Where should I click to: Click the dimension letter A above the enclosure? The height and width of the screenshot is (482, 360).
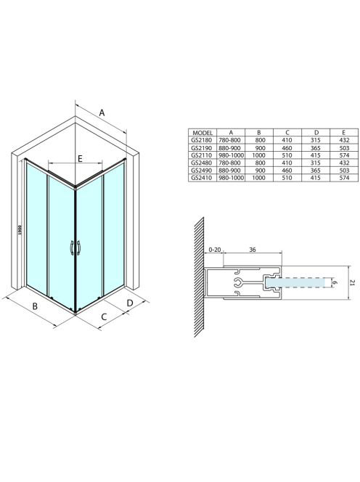pos(102,113)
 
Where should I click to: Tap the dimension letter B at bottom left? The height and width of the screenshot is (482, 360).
pos(35,306)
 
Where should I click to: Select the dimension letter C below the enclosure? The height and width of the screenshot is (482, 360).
pos(104,316)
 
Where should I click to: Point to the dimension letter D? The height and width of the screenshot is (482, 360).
pos(130,303)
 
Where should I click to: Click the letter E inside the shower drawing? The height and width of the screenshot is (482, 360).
pos(80,159)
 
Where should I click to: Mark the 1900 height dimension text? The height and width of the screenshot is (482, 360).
pos(20,230)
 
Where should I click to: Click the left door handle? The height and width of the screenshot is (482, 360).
pos(72,248)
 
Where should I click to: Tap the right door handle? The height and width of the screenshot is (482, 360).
pos(78,248)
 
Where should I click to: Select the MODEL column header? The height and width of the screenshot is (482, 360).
pos(202,133)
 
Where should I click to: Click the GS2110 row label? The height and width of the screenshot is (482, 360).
pos(202,155)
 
